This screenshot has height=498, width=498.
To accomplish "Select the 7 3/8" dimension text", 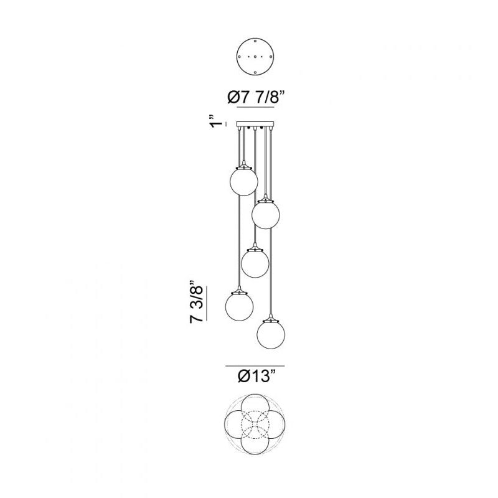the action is [196, 302].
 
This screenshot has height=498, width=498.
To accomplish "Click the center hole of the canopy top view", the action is [255, 57].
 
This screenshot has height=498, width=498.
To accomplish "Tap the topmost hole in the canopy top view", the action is [255, 41].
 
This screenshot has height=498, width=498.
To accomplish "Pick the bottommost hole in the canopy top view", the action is [255, 73].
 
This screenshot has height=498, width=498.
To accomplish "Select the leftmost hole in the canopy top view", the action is [240, 57].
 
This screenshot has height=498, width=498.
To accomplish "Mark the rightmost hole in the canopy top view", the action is [271, 57].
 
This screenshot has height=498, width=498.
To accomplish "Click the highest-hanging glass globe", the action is [243, 181].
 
